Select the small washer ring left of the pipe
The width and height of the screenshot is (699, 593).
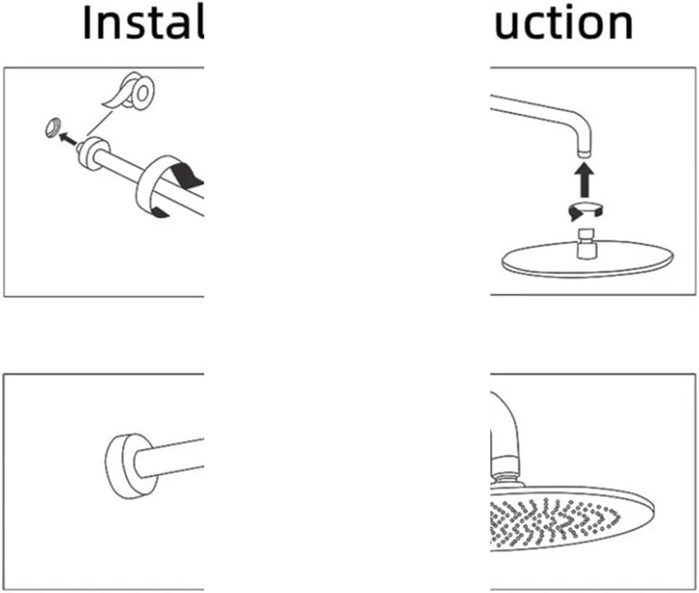pyautogui.click(x=52, y=128)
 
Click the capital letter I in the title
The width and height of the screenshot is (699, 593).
pyautogui.click(x=88, y=24)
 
